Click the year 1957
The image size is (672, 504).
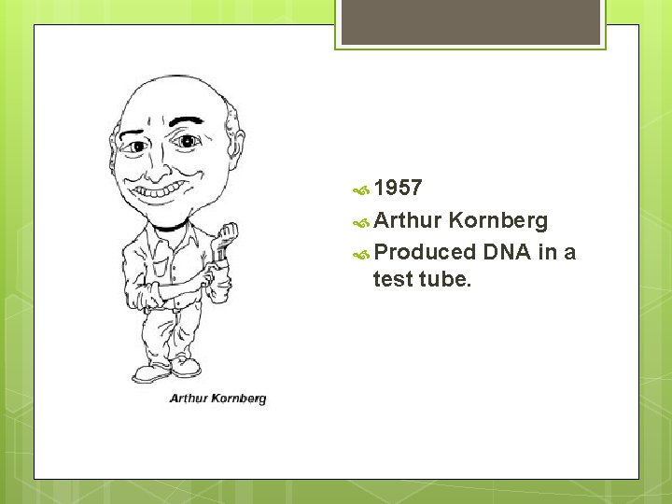pos(398,189)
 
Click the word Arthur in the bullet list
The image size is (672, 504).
pos(407,221)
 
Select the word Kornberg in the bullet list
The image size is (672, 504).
pos(497,221)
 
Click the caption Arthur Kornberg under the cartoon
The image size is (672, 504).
pos(217,399)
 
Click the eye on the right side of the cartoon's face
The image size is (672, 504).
pos(189,142)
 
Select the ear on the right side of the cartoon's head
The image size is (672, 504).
pos(236,149)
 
